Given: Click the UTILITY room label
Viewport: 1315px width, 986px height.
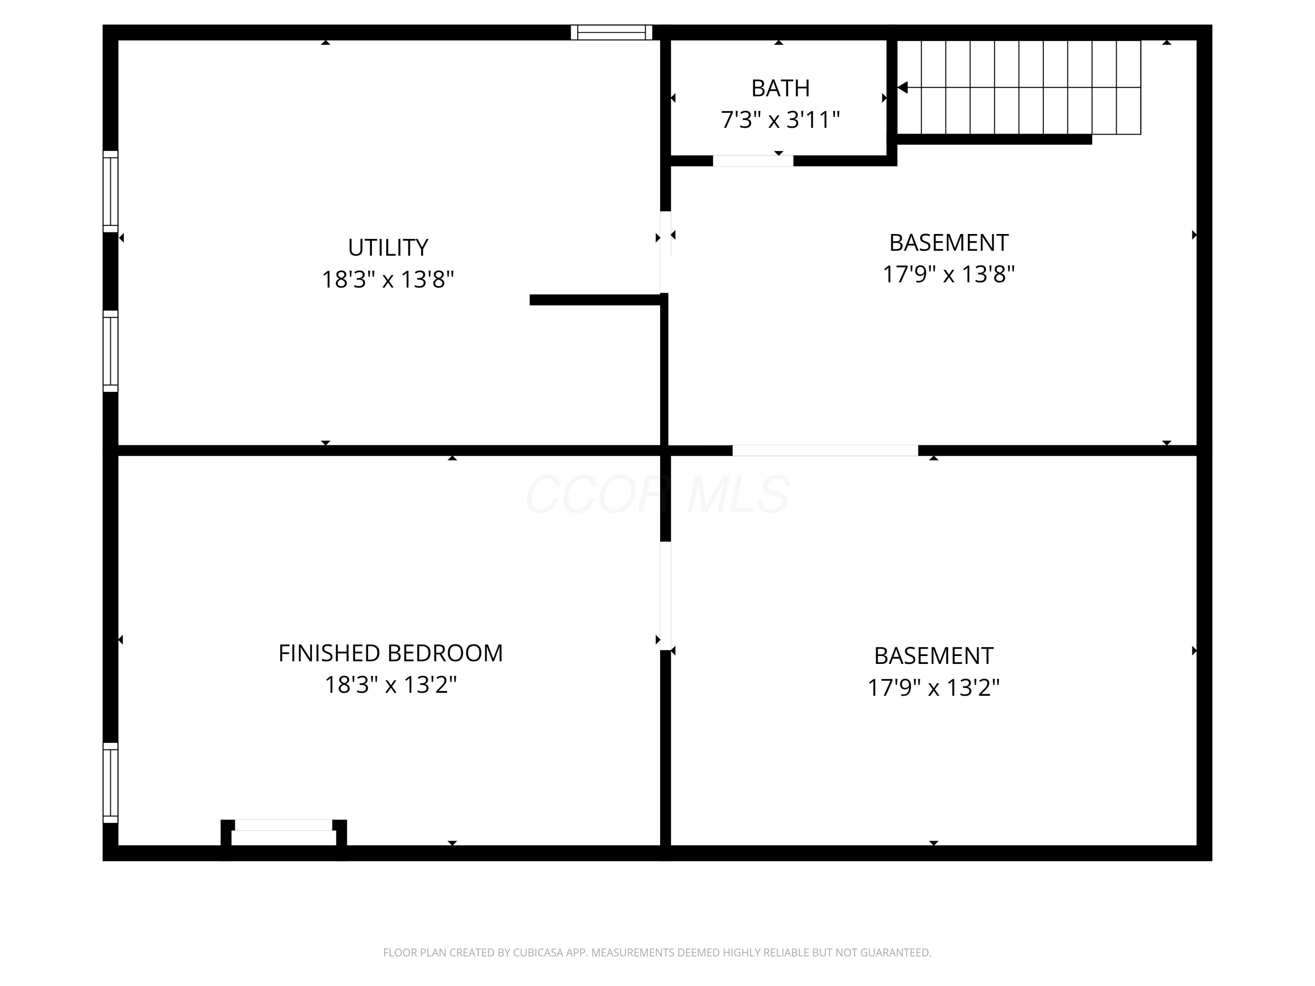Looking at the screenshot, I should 387,247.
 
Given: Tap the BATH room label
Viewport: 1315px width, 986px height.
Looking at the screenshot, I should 780,88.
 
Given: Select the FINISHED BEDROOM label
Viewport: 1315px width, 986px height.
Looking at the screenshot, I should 391,653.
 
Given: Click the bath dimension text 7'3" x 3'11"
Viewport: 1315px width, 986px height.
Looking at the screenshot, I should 780,120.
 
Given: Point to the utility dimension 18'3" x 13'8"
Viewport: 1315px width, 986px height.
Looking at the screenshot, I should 387,279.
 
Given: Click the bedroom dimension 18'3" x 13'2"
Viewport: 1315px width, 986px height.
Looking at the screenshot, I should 391,685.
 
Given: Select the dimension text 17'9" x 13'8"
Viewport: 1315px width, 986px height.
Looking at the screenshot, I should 948,274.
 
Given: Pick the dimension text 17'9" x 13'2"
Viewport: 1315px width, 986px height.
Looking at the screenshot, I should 933,688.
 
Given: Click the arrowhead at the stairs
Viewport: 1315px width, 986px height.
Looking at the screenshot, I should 903,87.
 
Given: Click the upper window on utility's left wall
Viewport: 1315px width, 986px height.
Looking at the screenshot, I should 110,192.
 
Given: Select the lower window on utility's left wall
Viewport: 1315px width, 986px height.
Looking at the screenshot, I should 110,351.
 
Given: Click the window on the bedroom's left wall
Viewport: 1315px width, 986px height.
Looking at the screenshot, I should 110,783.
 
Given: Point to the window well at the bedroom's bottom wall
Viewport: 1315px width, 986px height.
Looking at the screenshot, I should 284,833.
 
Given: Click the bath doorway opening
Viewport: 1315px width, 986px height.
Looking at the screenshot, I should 753,160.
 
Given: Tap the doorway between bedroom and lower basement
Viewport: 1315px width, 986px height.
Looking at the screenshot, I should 665,596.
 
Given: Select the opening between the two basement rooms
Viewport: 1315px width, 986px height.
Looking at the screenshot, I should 825,450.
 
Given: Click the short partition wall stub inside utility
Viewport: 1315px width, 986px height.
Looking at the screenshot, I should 594,300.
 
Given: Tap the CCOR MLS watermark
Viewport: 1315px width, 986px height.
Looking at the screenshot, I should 657,494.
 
